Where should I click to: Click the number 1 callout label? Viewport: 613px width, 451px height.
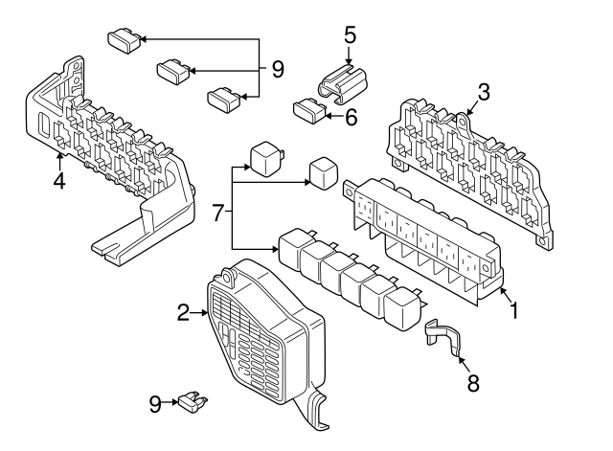[514, 311]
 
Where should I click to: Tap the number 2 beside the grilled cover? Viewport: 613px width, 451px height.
[184, 311]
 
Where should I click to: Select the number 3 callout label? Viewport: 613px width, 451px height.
[485, 92]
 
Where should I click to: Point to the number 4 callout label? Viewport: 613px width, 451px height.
[58, 179]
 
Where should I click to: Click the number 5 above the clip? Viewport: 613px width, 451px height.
[351, 35]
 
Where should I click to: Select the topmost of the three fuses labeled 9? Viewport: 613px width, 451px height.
[122, 39]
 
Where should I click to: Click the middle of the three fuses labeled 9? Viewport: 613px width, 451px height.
[172, 69]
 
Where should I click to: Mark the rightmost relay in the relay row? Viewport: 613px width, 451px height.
[399, 306]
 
